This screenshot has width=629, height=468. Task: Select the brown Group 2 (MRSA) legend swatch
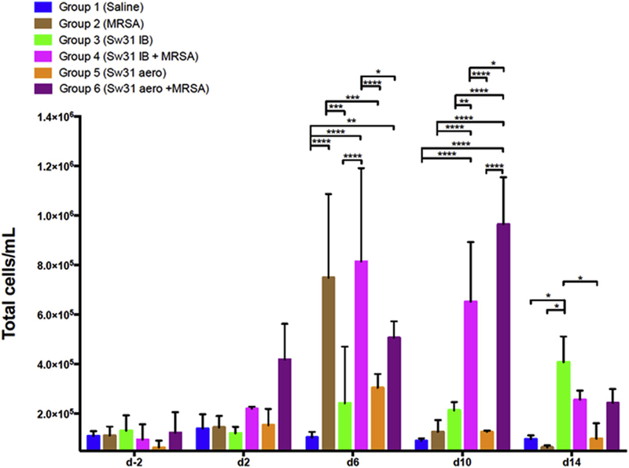(17, 24)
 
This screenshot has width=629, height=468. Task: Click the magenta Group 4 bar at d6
(362, 355)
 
